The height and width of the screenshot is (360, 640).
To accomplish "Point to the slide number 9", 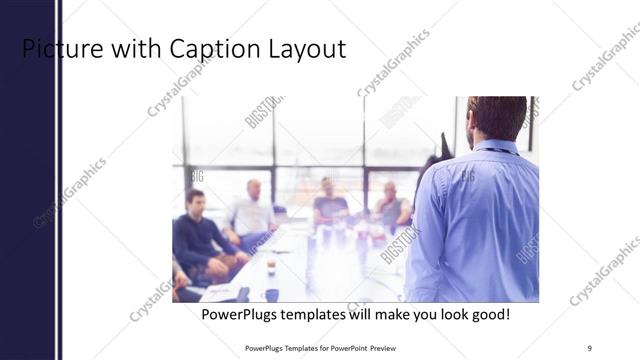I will [x=590, y=347].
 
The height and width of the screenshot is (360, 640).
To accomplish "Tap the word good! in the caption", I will [x=487, y=314].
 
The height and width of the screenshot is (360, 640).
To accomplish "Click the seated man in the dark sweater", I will [x=200, y=235].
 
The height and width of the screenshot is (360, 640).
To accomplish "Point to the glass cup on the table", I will [x=271, y=264].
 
